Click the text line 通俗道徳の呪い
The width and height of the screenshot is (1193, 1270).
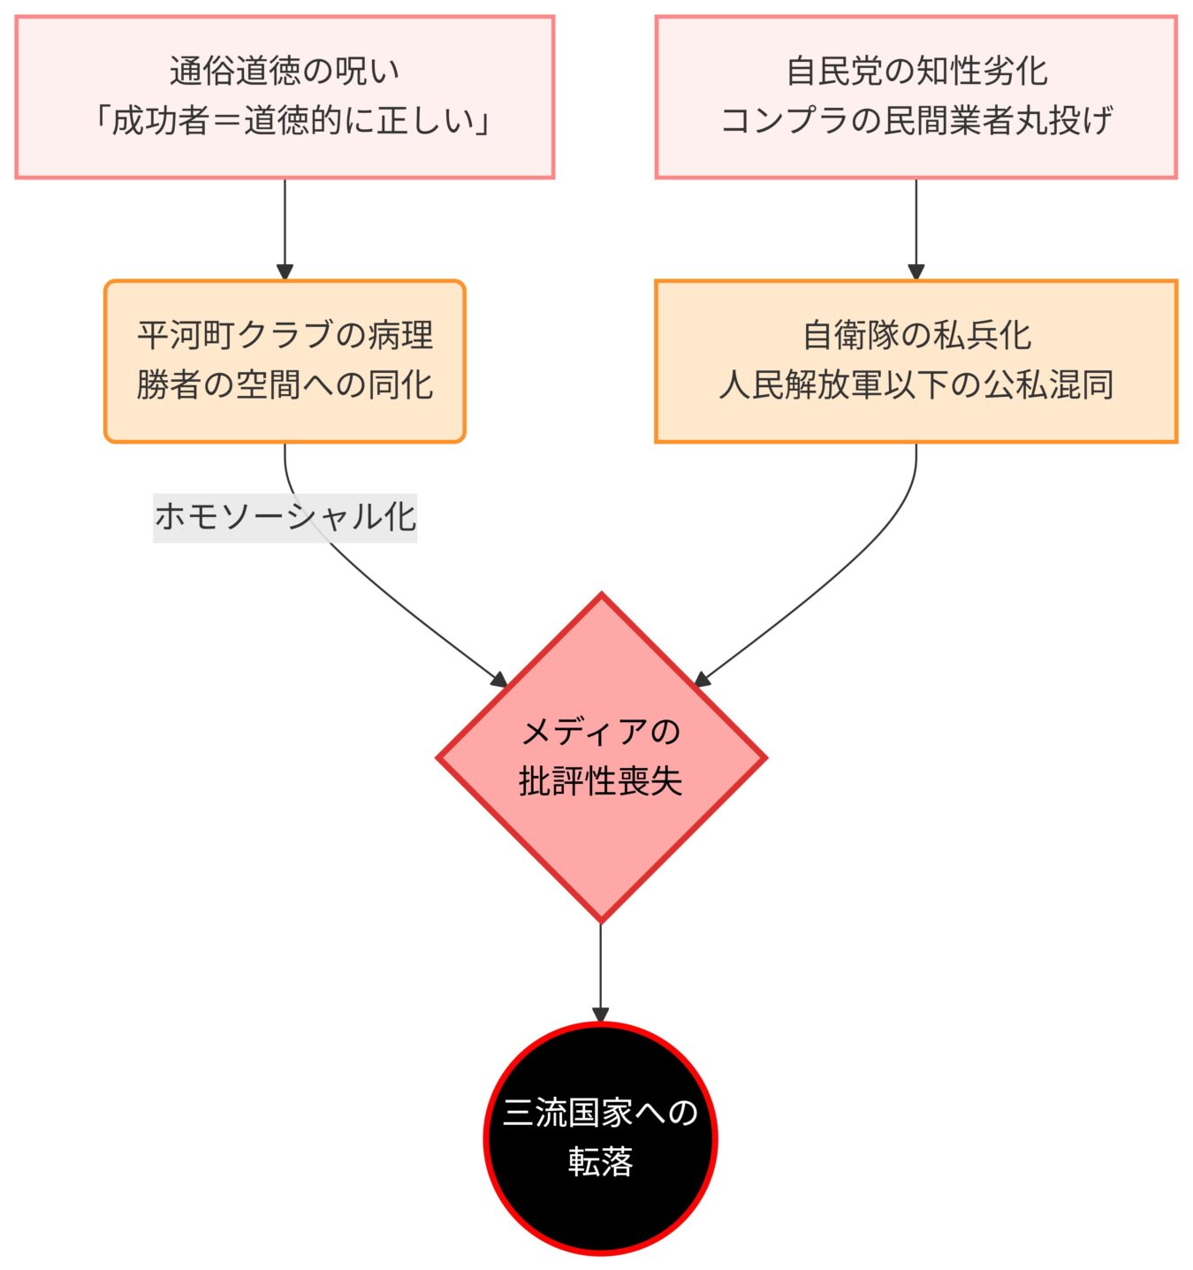(285, 71)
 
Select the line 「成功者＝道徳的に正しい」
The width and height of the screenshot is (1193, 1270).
(285, 120)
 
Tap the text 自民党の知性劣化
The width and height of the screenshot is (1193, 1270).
(916, 71)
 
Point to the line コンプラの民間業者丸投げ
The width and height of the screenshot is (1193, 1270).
(916, 120)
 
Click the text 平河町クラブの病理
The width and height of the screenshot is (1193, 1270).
(285, 335)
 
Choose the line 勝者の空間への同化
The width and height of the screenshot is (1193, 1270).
(285, 384)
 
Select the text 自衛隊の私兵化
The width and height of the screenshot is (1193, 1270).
(916, 335)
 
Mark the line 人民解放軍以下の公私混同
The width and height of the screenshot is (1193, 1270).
(916, 384)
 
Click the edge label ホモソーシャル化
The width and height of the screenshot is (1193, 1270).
(285, 517)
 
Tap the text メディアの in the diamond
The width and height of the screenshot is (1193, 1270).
(601, 732)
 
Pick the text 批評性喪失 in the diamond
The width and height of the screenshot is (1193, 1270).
(601, 781)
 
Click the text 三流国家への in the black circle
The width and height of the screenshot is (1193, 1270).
(601, 1113)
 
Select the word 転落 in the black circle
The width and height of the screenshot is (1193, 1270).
(601, 1162)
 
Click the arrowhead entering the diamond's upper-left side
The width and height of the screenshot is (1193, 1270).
(500, 680)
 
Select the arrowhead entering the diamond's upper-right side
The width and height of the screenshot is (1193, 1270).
(702, 680)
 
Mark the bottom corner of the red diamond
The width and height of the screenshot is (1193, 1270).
(601, 920)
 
